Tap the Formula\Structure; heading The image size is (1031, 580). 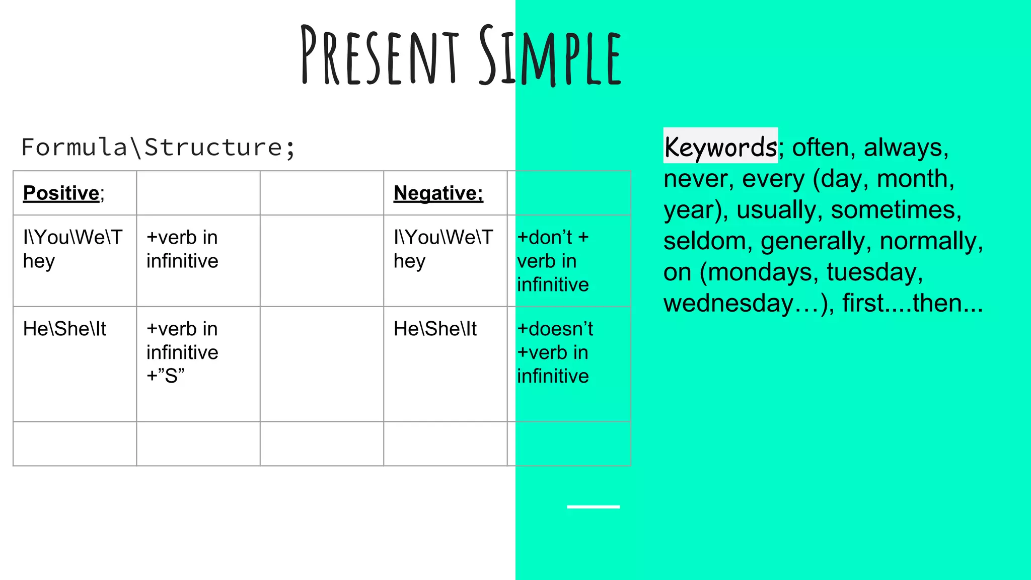pyautogui.click(x=158, y=148)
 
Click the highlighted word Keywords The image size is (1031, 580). pyautogui.click(x=720, y=147)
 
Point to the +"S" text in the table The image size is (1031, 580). pyautogui.click(x=166, y=376)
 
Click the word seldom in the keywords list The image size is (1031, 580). pyautogui.click(x=704, y=241)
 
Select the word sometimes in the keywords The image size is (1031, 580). pyautogui.click(x=896, y=210)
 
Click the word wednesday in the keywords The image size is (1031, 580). pyautogui.click(x=727, y=304)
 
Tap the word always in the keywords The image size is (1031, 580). pyautogui.click(x=906, y=148)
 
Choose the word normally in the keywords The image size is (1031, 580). pyautogui.click(x=930, y=241)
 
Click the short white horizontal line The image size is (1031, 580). pyautogui.click(x=593, y=506)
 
